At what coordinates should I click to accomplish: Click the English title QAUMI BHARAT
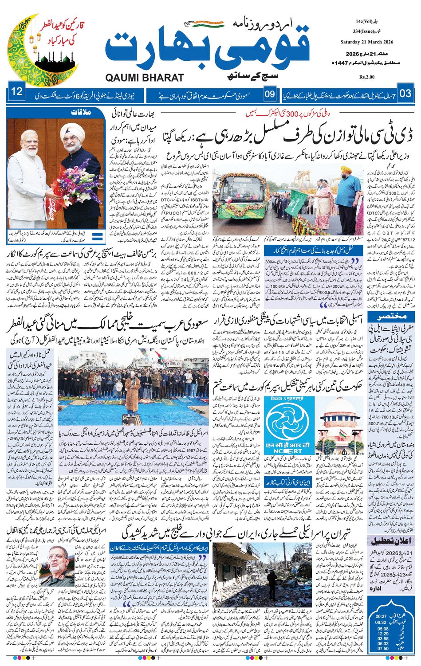pos(145,78)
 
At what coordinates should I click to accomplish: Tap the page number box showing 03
pos(405,94)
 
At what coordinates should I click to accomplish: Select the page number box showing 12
pos(17,93)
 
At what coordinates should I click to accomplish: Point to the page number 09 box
pos(270,94)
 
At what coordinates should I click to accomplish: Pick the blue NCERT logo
pos(289,427)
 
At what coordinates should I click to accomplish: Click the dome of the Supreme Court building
pos(341,407)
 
